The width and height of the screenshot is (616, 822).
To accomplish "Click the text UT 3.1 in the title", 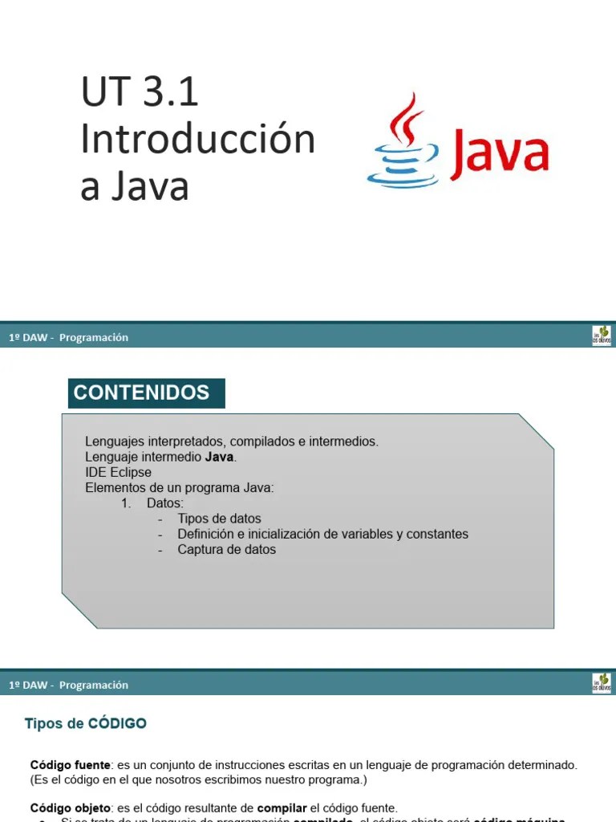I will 140,93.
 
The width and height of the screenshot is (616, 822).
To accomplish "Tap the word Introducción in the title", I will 197,140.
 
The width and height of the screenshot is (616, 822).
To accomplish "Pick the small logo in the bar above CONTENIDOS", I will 602,336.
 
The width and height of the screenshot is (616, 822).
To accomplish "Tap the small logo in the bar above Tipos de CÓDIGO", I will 602,683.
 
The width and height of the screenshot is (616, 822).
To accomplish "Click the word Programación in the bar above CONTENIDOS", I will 94,338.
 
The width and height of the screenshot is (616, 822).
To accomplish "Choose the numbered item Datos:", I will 164,503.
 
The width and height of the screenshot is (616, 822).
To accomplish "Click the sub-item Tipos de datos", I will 219,519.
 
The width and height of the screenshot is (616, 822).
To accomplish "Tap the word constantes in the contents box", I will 437,534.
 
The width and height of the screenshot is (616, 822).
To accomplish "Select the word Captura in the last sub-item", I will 201,550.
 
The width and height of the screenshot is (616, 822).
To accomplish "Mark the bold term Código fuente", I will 70,766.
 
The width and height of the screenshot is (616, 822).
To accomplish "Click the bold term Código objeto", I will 70,808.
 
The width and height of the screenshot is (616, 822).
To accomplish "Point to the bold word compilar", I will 282,808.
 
